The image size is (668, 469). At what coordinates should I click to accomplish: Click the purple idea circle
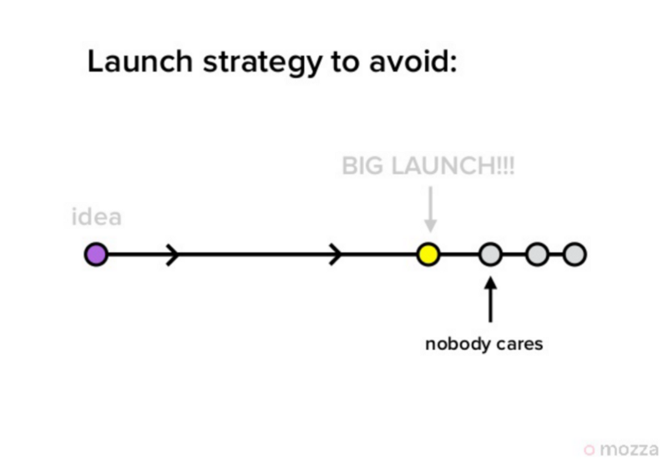96,255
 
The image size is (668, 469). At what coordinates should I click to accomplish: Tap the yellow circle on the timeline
428,255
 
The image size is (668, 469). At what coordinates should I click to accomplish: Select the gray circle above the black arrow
490,255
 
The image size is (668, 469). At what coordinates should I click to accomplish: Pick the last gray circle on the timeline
574,255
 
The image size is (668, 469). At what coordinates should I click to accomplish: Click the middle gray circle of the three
537,255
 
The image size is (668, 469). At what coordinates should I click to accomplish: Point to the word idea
97,217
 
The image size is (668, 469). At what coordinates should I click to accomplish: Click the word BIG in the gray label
362,166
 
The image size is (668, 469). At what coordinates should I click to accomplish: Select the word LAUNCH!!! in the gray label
453,166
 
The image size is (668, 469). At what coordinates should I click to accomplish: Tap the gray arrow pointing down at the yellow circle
430,209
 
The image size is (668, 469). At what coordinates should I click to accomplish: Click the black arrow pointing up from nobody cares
490,300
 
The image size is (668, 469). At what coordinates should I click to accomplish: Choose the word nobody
457,344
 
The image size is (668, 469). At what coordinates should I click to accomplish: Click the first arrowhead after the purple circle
173,255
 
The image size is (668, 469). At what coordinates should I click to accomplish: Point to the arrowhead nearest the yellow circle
337,255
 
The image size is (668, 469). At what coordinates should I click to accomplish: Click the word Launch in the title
140,62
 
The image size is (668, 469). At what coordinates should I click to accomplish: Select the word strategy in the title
262,63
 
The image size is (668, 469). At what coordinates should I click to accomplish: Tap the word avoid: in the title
413,63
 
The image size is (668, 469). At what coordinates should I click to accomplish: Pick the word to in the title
345,63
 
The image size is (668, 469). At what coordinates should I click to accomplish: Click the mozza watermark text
630,450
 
